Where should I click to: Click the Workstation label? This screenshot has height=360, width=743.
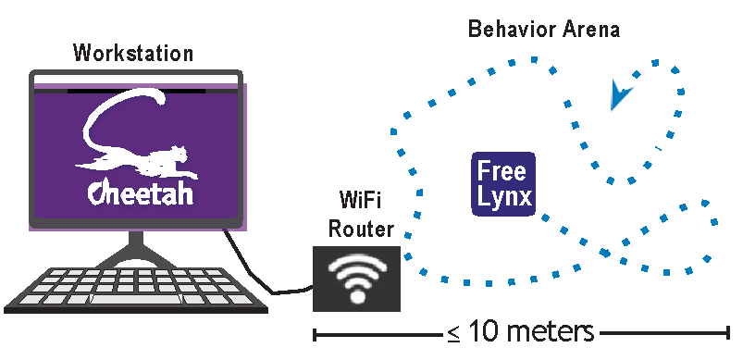coord(133,53)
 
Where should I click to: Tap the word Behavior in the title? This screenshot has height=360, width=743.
coord(512,30)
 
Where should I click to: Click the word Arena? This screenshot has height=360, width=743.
coord(591,30)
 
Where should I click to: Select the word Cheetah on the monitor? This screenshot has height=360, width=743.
coord(141,193)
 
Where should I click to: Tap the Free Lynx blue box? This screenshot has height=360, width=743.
coord(503,184)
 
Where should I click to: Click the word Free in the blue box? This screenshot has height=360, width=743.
coord(502,171)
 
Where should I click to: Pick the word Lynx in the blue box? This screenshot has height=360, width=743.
coord(504,196)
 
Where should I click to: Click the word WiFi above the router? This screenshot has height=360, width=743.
coord(361,199)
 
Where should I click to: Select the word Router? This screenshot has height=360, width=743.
coord(361,230)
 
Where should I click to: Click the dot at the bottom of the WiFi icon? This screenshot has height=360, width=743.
coord(358,297)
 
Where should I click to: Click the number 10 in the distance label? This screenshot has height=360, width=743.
coord(484,331)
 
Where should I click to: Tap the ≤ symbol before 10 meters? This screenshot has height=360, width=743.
coord(453,333)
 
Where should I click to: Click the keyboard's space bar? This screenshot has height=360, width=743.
coord(135,299)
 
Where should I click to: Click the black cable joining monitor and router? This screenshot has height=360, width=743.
coord(256,270)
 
